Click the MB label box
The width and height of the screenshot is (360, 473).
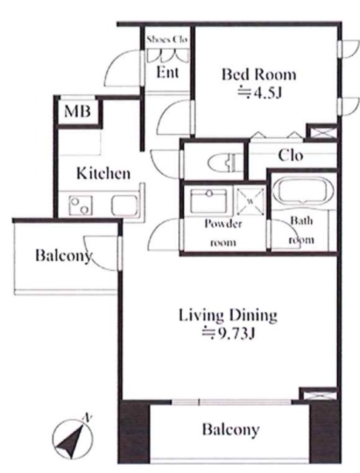pos(78,111)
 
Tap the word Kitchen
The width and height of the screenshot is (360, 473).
pos(103,174)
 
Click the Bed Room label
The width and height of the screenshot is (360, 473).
pos(259,74)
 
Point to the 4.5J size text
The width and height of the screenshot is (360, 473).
pos(259,93)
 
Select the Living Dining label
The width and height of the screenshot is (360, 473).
pos(228,316)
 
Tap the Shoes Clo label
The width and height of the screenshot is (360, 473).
pos(167,39)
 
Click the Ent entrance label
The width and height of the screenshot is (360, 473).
pos(168,72)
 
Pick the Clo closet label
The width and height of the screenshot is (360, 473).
pos(291,156)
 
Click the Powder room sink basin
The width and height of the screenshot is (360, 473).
pos(209,200)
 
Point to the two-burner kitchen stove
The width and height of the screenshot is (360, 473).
pos(81,205)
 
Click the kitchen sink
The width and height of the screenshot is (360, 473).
pos(124,205)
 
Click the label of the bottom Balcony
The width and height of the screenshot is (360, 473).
pos(231,429)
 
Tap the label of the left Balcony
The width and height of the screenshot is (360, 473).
pos(64,256)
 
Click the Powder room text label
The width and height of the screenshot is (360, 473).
pos(223,234)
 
